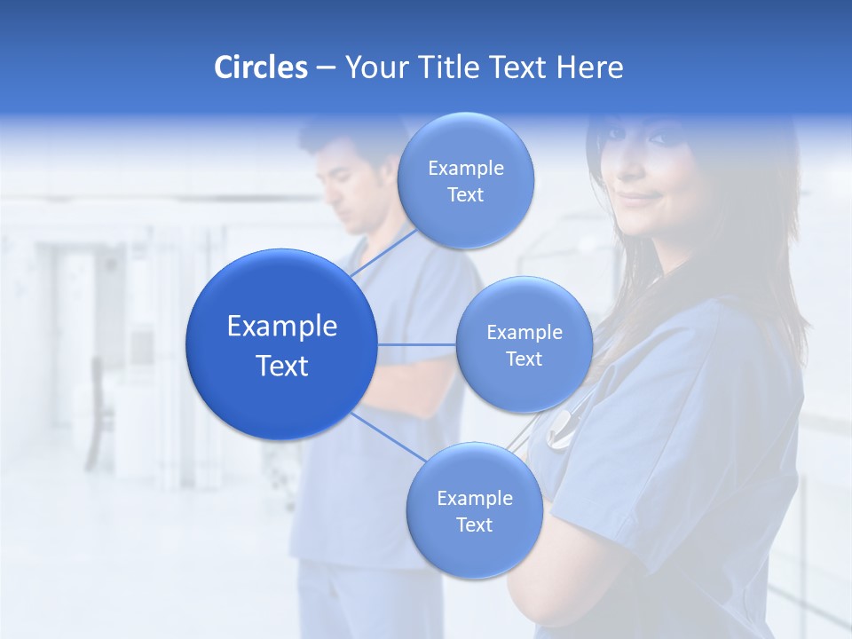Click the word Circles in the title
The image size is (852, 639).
pyautogui.click(x=261, y=67)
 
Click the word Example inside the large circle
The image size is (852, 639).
pyautogui.click(x=281, y=327)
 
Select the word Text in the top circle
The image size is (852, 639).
pyautogui.click(x=465, y=195)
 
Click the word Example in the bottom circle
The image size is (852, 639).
pyautogui.click(x=474, y=499)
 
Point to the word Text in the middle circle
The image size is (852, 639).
pyautogui.click(x=524, y=359)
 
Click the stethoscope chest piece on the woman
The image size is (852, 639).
pyautogui.click(x=561, y=435)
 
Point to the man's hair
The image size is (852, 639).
pyautogui.click(x=342, y=133)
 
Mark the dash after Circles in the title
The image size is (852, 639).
pyautogui.click(x=325, y=67)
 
